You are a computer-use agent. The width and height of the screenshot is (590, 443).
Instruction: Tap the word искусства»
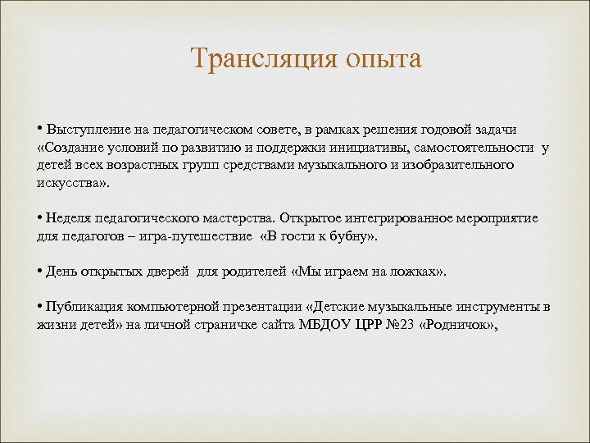72,184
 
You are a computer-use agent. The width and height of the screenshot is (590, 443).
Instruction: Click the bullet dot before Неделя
40,219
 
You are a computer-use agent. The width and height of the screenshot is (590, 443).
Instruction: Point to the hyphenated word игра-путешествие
201,237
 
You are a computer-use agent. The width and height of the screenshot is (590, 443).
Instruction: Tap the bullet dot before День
40,272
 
